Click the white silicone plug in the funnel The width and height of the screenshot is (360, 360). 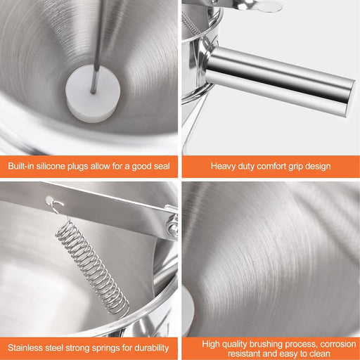coord(93,94)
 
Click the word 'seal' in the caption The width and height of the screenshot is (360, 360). coord(160,166)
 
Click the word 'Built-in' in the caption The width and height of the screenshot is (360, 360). coord(21,166)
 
